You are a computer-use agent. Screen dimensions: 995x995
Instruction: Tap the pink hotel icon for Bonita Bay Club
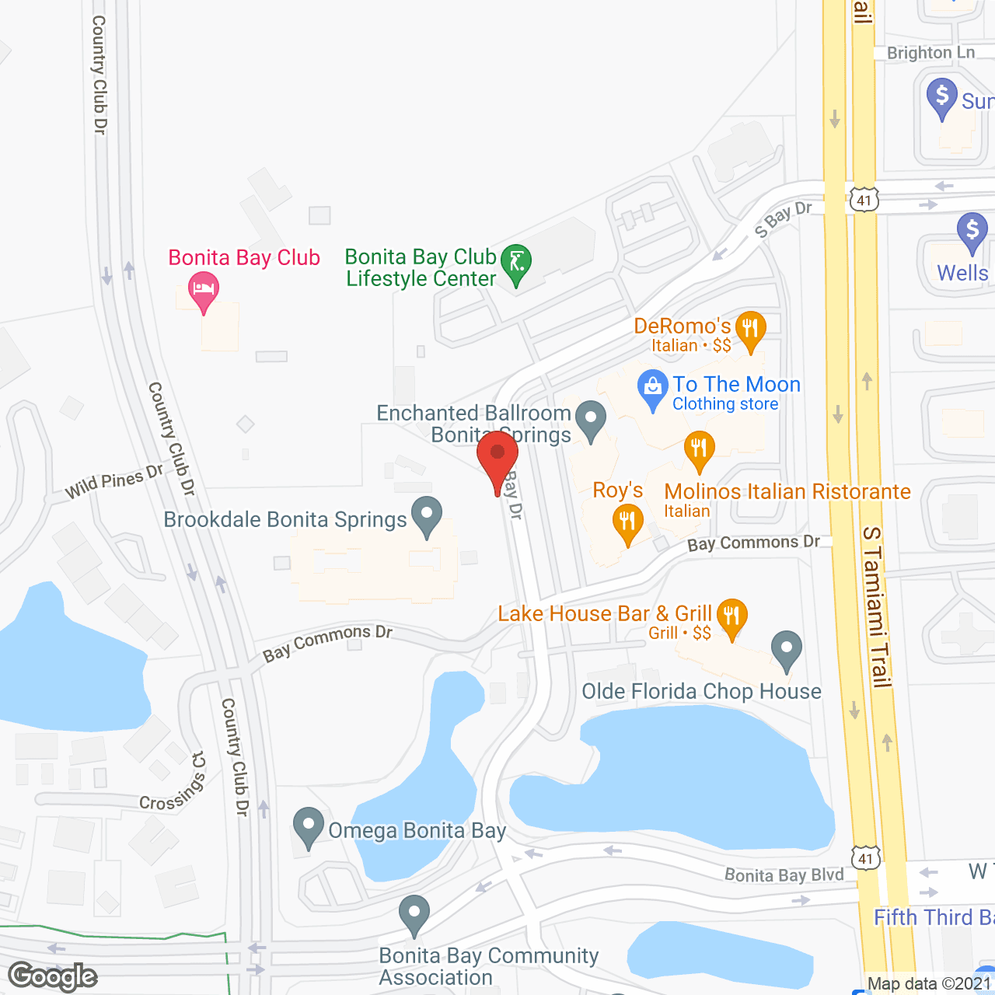[x=204, y=290]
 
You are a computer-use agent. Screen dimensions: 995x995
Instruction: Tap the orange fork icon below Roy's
[x=627, y=523]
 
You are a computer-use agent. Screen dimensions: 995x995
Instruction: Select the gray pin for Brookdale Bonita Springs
[x=426, y=515]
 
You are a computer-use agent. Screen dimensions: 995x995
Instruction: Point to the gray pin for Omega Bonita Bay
[x=309, y=826]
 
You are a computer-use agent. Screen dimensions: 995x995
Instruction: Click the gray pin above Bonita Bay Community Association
[x=414, y=914]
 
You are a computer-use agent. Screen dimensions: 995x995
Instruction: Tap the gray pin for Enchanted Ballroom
[x=591, y=419]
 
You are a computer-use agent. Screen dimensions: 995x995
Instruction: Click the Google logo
[x=53, y=976]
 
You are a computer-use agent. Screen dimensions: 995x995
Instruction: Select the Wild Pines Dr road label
[x=113, y=481]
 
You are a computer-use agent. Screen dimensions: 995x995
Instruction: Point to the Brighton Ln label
[x=930, y=53]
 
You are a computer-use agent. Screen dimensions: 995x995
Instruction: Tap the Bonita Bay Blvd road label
[x=784, y=875]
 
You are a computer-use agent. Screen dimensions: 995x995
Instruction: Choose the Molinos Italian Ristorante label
[x=787, y=491]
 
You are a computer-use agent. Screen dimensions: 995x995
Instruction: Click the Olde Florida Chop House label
[x=701, y=691]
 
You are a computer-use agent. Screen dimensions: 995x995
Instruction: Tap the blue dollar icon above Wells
[x=972, y=232]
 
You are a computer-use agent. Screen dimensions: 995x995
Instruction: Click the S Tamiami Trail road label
[x=876, y=606]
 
